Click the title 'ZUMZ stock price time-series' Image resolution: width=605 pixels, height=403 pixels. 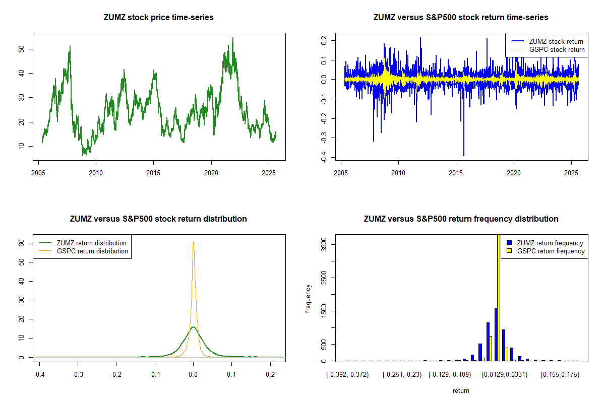(158, 18)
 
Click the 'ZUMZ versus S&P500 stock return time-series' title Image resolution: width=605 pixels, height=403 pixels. (460, 18)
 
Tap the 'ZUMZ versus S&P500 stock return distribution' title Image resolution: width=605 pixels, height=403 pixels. (158, 219)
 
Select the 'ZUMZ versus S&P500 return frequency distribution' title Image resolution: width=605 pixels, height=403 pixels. (460, 219)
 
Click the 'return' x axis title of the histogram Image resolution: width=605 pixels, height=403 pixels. (461, 390)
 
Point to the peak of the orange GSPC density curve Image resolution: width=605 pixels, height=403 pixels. (193, 242)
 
